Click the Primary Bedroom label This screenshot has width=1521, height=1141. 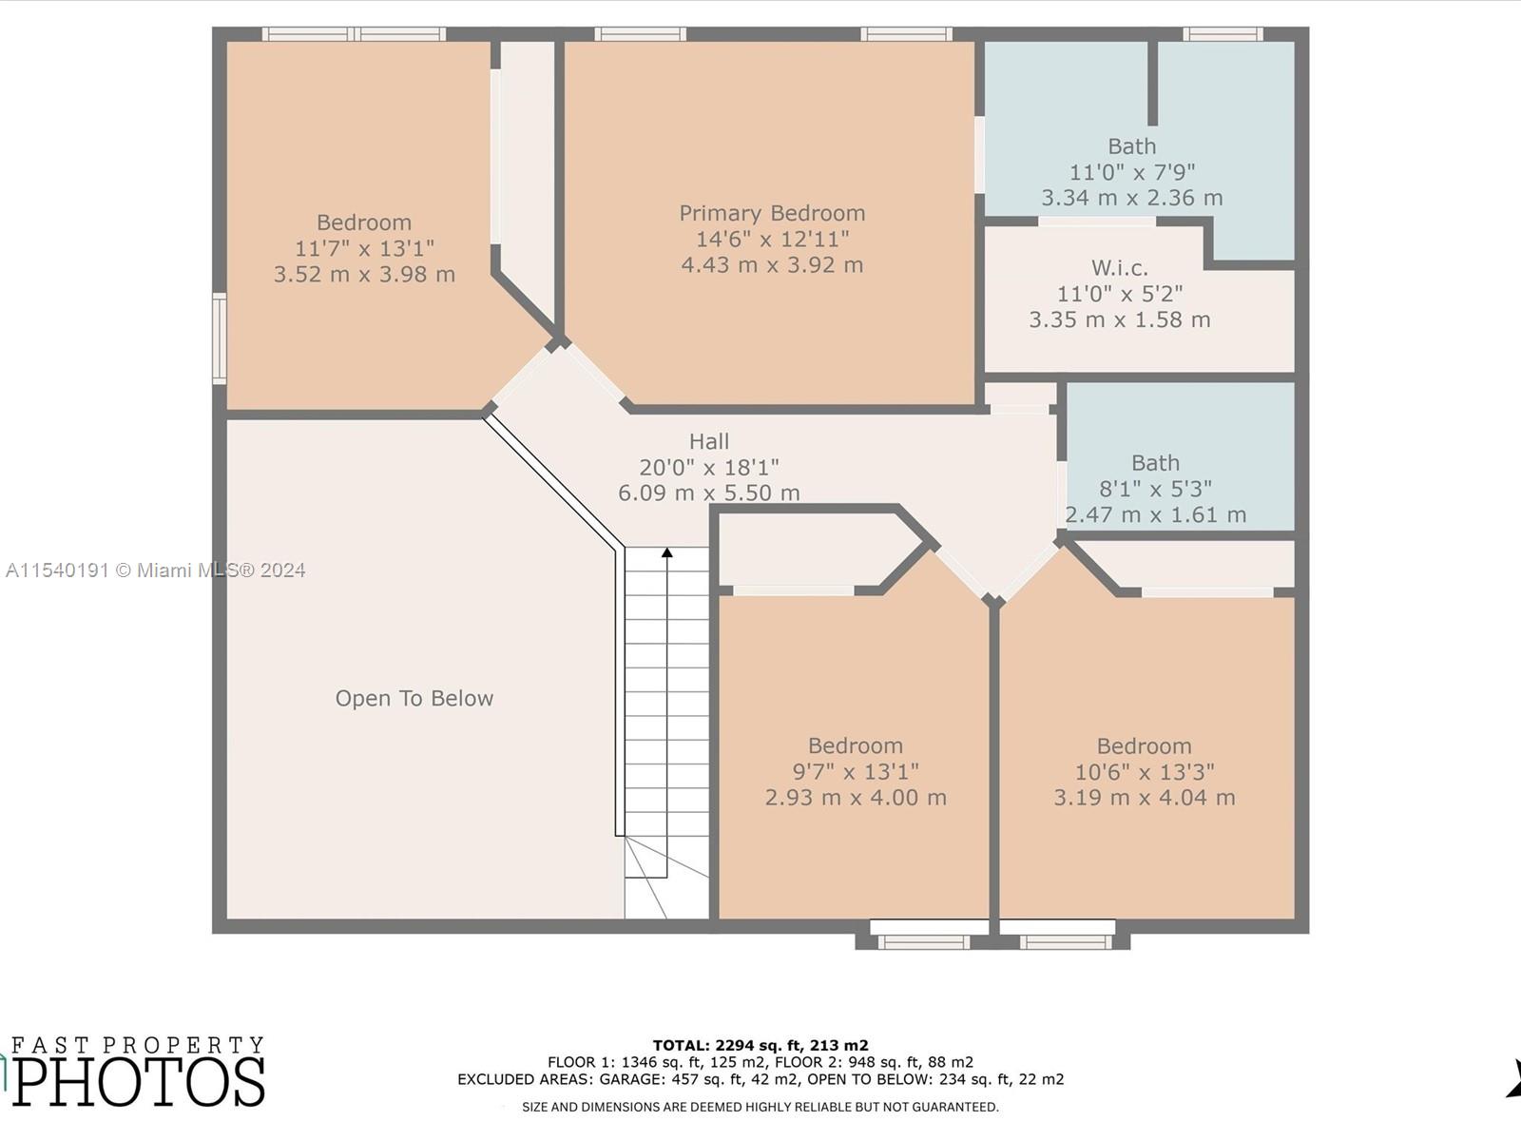click(x=772, y=213)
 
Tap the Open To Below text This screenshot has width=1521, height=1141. click(x=414, y=698)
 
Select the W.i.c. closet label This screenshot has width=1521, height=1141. click(x=1120, y=267)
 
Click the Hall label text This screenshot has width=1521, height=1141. click(x=709, y=441)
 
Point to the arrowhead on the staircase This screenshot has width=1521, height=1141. click(x=666, y=552)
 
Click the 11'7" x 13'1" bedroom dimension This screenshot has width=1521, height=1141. click(x=364, y=248)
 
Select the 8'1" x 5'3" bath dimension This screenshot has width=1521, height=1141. click(x=1155, y=489)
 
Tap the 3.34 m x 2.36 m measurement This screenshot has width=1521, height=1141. click(x=1131, y=198)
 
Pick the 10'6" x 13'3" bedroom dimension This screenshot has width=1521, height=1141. click(x=1144, y=772)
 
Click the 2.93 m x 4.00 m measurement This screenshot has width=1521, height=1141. click(x=856, y=798)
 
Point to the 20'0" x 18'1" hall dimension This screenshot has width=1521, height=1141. click(x=709, y=468)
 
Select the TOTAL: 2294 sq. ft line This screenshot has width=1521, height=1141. click(x=760, y=1045)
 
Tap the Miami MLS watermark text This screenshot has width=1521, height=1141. click(x=155, y=570)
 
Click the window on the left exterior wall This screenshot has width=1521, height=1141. click(x=219, y=338)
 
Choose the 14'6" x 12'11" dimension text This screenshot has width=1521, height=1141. click(x=772, y=239)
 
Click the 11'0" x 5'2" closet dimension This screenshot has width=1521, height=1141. click(x=1120, y=294)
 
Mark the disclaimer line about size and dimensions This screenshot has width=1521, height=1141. click(x=760, y=1107)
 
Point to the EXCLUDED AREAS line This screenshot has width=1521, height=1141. click(x=760, y=1078)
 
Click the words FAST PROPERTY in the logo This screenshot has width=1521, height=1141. click(x=138, y=1045)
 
